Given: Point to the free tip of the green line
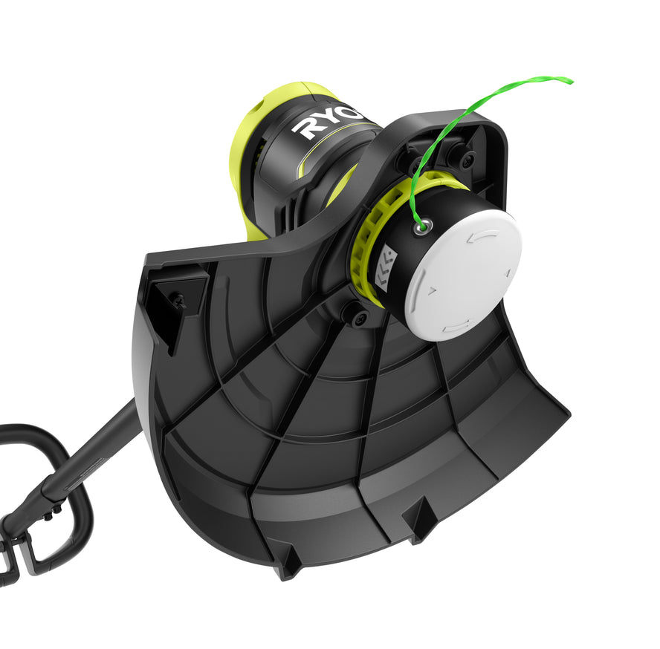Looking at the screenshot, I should tap(569, 79).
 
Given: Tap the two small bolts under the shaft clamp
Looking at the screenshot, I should tap(53, 512).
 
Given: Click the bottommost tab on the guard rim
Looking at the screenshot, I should tap(289, 564).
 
